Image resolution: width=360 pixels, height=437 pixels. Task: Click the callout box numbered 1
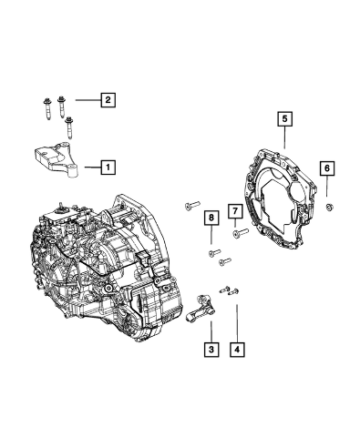108,167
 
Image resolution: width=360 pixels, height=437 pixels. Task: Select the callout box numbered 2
108,99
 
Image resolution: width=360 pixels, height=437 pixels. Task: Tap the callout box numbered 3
211,350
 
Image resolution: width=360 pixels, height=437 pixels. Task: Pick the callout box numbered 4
237,350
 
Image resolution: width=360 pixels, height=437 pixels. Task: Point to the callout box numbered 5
284,119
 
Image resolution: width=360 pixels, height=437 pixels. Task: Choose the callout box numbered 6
327,168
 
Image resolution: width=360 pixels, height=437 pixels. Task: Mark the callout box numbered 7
235,211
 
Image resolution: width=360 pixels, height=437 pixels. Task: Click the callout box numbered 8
211,218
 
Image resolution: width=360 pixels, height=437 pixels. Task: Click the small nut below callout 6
330,208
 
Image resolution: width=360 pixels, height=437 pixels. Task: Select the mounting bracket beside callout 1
57,159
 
